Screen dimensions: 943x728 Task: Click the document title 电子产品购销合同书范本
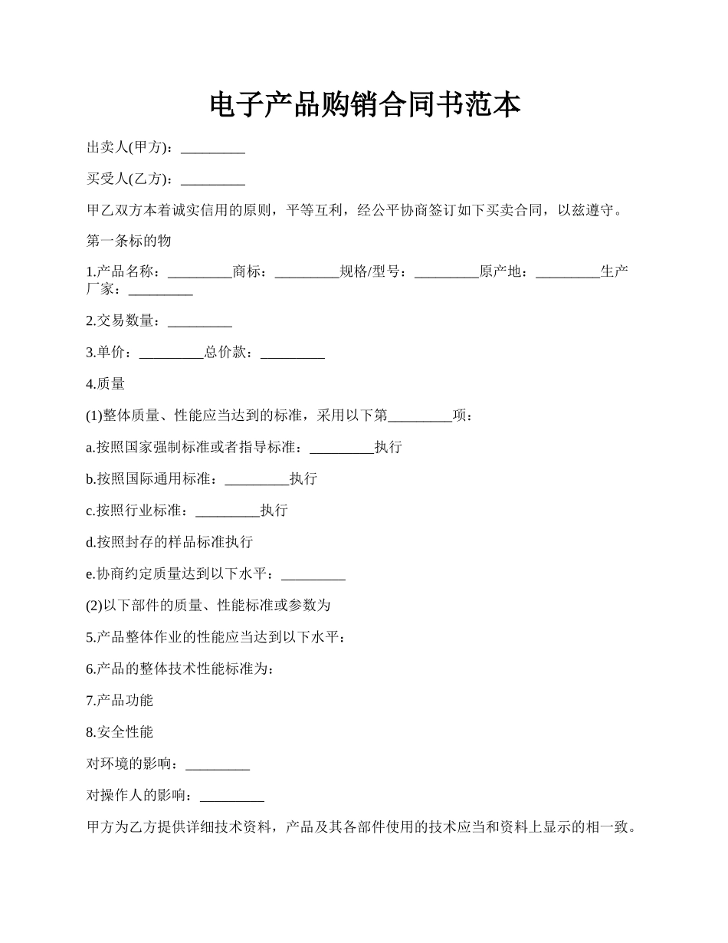tap(364, 105)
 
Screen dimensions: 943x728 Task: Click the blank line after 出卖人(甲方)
tap(212, 148)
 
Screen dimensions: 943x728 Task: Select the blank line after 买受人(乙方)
tap(212, 179)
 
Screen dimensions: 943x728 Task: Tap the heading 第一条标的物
tap(129, 241)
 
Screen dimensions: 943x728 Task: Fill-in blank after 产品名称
tap(199, 272)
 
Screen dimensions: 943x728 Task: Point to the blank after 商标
tap(307, 272)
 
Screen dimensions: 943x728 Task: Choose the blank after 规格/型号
tap(447, 272)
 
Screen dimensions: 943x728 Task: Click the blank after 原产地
tap(568, 272)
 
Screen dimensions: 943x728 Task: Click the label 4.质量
tap(106, 384)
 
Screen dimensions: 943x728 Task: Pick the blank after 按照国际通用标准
tap(257, 479)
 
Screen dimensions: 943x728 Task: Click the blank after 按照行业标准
tap(228, 511)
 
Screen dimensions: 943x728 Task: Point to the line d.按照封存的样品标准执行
tap(169, 542)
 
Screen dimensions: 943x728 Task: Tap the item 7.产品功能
tap(120, 700)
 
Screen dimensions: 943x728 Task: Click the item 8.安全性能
tap(120, 732)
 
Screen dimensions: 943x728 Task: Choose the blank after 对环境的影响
tap(218, 764)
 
